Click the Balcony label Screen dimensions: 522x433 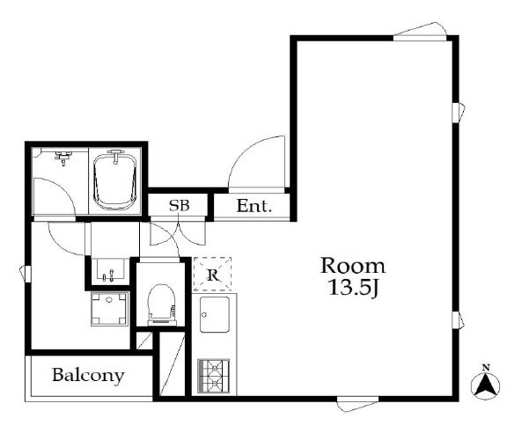coord(88,376)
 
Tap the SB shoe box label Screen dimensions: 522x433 coord(179,205)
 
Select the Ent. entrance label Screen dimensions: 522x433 coord(254,206)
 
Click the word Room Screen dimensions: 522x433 coord(353,266)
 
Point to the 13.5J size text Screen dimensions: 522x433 coord(353,287)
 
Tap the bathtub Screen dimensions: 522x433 coord(115,181)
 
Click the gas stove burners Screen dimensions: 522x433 coord(213,376)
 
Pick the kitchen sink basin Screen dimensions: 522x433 coord(215,314)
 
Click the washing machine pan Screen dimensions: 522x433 coord(109,309)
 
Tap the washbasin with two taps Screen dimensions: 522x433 coord(110,270)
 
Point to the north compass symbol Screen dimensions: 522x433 coord(486,385)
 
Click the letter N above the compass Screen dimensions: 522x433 coord(486,368)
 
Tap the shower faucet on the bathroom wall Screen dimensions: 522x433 coord(63,158)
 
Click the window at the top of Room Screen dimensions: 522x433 coord(420,32)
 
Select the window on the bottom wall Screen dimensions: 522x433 coord(357,403)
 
